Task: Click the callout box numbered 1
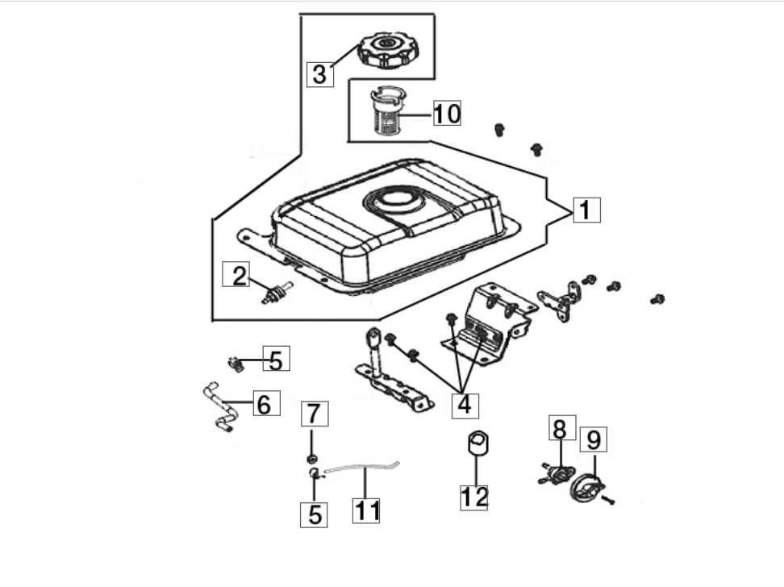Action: [586, 210]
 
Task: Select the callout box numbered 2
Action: [236, 274]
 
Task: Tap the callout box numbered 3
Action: [320, 74]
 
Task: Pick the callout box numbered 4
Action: [465, 405]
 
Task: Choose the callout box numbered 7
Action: [315, 414]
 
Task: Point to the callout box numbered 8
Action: [562, 427]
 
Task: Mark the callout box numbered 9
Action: [594, 439]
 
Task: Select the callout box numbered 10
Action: [447, 113]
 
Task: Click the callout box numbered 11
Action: [366, 510]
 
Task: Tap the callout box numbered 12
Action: [474, 497]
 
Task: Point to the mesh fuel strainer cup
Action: [386, 110]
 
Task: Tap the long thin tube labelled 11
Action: [362, 467]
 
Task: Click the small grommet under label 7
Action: [312, 459]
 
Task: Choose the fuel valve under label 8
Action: [557, 473]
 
